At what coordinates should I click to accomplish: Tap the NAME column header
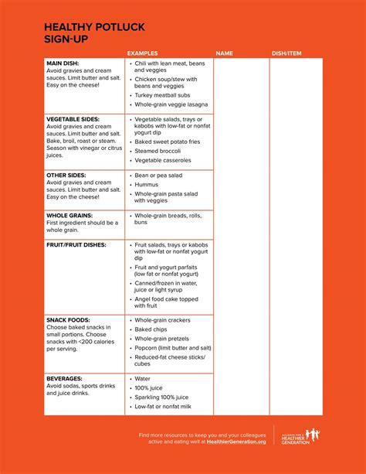click(x=224, y=53)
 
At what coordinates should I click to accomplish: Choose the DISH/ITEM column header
click(x=287, y=53)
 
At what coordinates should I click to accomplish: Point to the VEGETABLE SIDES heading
click(x=74, y=119)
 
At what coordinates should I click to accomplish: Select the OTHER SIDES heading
click(x=66, y=176)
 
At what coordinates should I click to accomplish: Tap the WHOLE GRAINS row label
click(x=69, y=216)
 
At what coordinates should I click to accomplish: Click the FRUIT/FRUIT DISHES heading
click(x=76, y=245)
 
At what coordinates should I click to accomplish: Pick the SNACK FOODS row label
click(x=68, y=320)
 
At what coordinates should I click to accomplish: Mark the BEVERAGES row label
click(x=65, y=378)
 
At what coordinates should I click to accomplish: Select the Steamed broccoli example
click(x=160, y=152)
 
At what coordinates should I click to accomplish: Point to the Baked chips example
click(x=153, y=329)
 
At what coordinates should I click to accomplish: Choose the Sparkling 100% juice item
click(x=164, y=397)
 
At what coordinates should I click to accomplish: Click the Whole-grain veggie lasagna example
click(x=172, y=104)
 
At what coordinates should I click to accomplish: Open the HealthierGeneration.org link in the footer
click(x=236, y=442)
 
